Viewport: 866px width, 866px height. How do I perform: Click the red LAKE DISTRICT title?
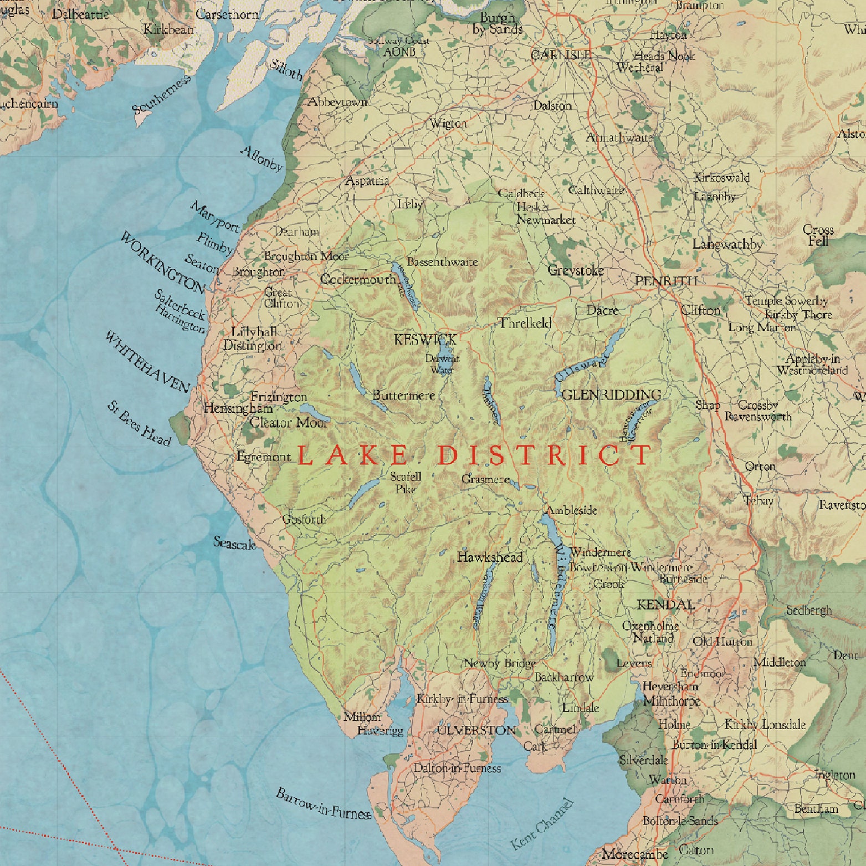click(x=474, y=455)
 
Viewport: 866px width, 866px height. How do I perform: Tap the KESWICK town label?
click(x=425, y=340)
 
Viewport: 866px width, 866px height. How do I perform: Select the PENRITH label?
click(x=665, y=281)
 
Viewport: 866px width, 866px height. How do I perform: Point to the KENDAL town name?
click(x=665, y=604)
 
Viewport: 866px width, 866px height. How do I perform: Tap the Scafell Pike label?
click(x=406, y=483)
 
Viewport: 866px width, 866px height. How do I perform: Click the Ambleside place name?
click(x=572, y=510)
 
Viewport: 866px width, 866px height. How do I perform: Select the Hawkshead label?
click(x=490, y=557)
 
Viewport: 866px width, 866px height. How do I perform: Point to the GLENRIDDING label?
click(x=611, y=395)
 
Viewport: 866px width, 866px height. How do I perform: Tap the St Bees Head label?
click(x=139, y=424)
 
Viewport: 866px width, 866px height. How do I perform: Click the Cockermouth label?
click(x=358, y=279)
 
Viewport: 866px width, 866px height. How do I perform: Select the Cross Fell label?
click(x=818, y=235)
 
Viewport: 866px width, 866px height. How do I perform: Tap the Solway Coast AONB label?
click(x=399, y=47)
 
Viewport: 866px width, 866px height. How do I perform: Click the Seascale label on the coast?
click(x=235, y=544)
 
